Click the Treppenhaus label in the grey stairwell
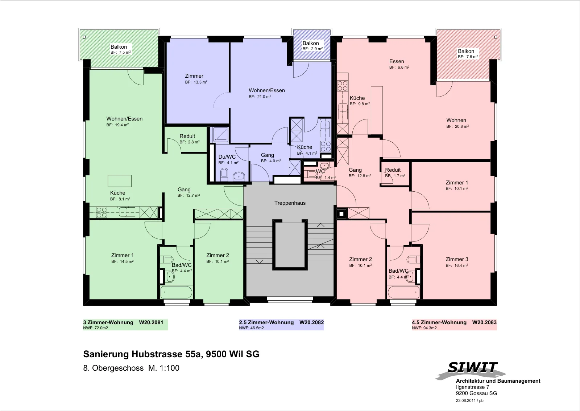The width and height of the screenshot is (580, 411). pyautogui.click(x=290, y=203)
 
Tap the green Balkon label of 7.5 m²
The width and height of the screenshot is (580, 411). pyautogui.click(x=119, y=47)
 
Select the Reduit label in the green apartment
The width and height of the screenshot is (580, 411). pyautogui.click(x=187, y=136)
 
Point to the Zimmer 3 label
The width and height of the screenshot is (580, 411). pyautogui.click(x=457, y=259)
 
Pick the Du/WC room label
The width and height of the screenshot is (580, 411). pyautogui.click(x=227, y=157)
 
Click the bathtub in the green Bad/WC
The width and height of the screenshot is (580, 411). pyautogui.click(x=176, y=292)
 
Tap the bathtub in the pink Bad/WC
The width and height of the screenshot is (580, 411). pyautogui.click(x=403, y=292)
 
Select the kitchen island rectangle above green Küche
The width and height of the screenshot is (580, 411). pyautogui.click(x=120, y=181)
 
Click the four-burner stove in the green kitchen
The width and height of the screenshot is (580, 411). pyautogui.click(x=101, y=212)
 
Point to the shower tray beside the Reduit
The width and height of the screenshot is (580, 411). pyautogui.click(x=221, y=135)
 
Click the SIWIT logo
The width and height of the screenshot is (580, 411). pyautogui.click(x=472, y=370)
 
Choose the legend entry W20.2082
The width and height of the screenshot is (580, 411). pyautogui.click(x=311, y=322)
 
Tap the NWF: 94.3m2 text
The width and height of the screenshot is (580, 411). pyautogui.click(x=424, y=328)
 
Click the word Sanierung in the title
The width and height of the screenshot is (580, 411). pyautogui.click(x=106, y=354)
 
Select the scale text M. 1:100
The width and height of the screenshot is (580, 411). pyautogui.click(x=163, y=368)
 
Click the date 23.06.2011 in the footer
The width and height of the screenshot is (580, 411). pyautogui.click(x=466, y=400)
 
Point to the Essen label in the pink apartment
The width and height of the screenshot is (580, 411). pyautogui.click(x=397, y=61)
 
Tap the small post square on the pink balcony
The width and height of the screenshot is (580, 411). pyautogui.click(x=496, y=37)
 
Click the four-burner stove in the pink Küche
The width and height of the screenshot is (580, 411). pyautogui.click(x=343, y=86)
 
